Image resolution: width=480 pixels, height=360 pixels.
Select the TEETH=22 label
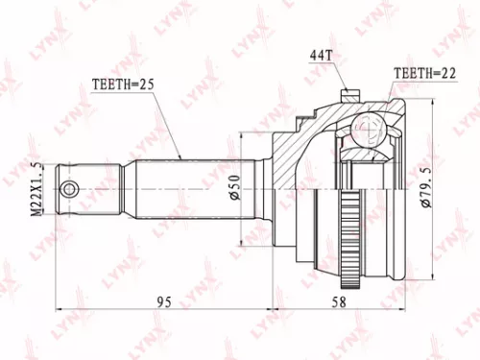(422, 71)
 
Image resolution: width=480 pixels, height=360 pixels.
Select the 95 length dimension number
(164, 301)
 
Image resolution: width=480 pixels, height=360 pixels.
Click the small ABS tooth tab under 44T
(349, 92)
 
